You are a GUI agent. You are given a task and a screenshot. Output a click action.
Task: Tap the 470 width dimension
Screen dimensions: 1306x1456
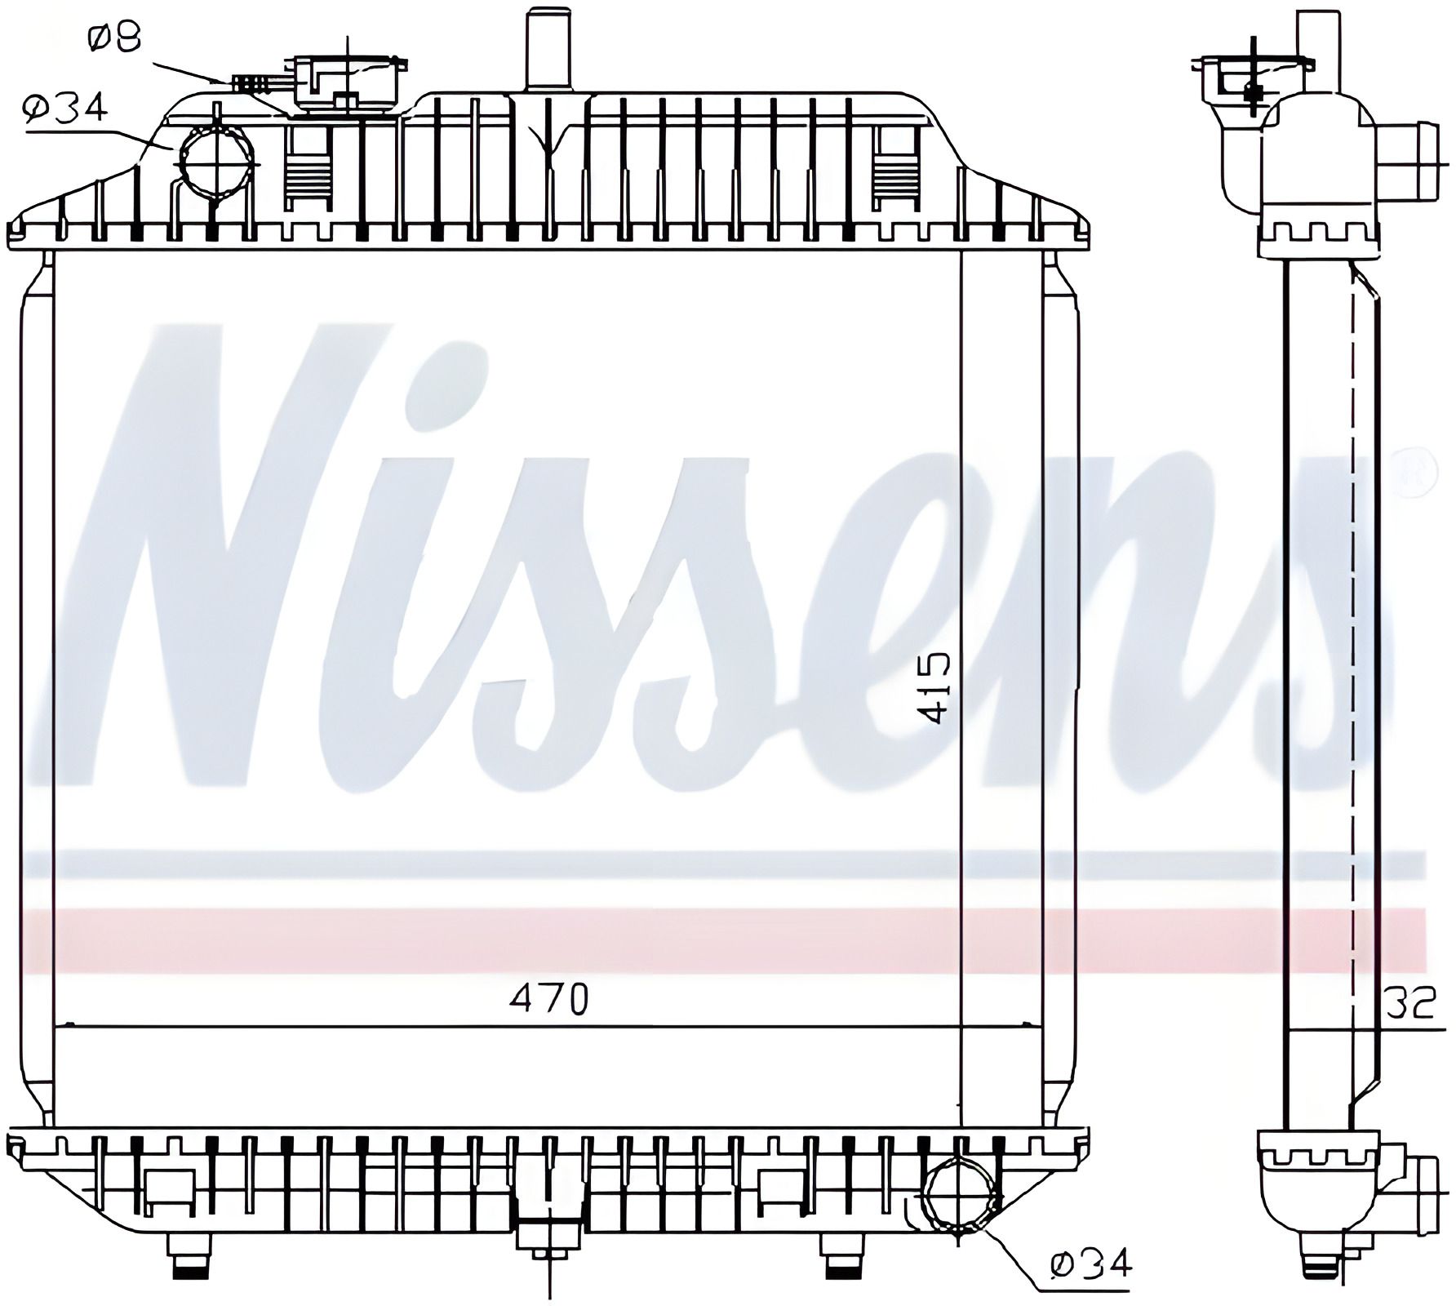(549, 1000)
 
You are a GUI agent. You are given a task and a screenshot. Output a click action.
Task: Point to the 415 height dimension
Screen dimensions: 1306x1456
(934, 688)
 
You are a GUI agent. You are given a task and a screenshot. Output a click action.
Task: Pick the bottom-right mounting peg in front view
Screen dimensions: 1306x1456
(841, 1257)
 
